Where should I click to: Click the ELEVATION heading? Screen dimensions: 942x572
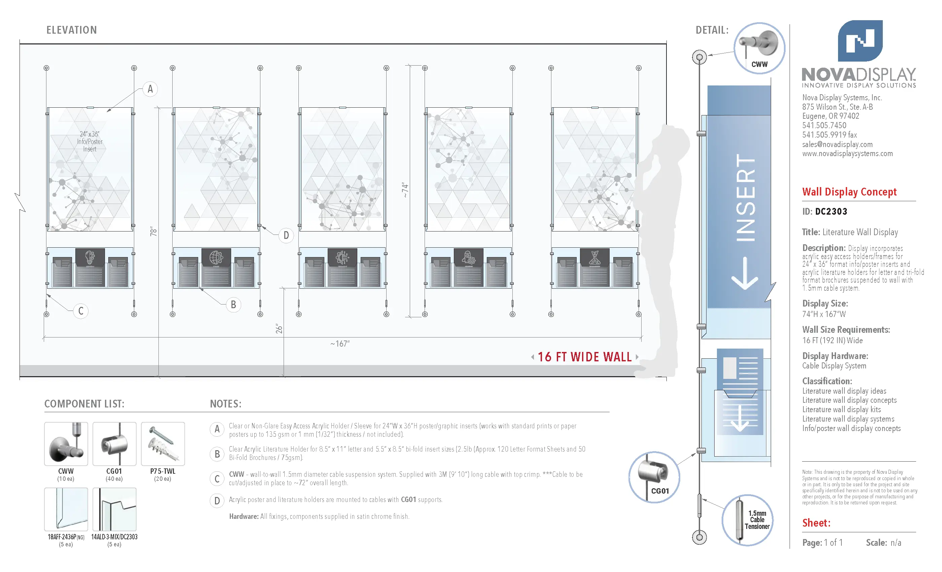pyautogui.click(x=71, y=30)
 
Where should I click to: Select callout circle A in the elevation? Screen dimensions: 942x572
pyautogui.click(x=150, y=89)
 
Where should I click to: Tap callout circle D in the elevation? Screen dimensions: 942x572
pyautogui.click(x=286, y=236)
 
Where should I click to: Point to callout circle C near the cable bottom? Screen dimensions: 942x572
pyautogui.click(x=81, y=311)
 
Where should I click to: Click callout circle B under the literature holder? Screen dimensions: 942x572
pyautogui.click(x=233, y=305)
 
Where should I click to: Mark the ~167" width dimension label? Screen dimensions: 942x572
pyautogui.click(x=340, y=344)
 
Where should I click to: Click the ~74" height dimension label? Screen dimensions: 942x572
pyautogui.click(x=405, y=190)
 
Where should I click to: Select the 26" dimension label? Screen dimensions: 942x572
pyautogui.click(x=279, y=329)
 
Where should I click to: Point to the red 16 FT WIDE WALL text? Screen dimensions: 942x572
pyautogui.click(x=585, y=357)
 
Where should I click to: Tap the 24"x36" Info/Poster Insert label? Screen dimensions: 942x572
pyautogui.click(x=90, y=141)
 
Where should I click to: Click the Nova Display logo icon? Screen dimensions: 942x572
pyautogui.click(x=860, y=41)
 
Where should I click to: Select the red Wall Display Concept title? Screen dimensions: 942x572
pyautogui.click(x=849, y=191)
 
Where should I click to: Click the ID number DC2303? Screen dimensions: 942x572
pyautogui.click(x=831, y=211)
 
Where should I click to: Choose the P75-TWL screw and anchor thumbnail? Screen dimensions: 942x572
pyautogui.click(x=163, y=443)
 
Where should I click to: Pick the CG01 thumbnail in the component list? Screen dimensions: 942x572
pyautogui.click(x=114, y=443)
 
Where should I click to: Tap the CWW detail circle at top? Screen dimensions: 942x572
pyautogui.click(x=759, y=48)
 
